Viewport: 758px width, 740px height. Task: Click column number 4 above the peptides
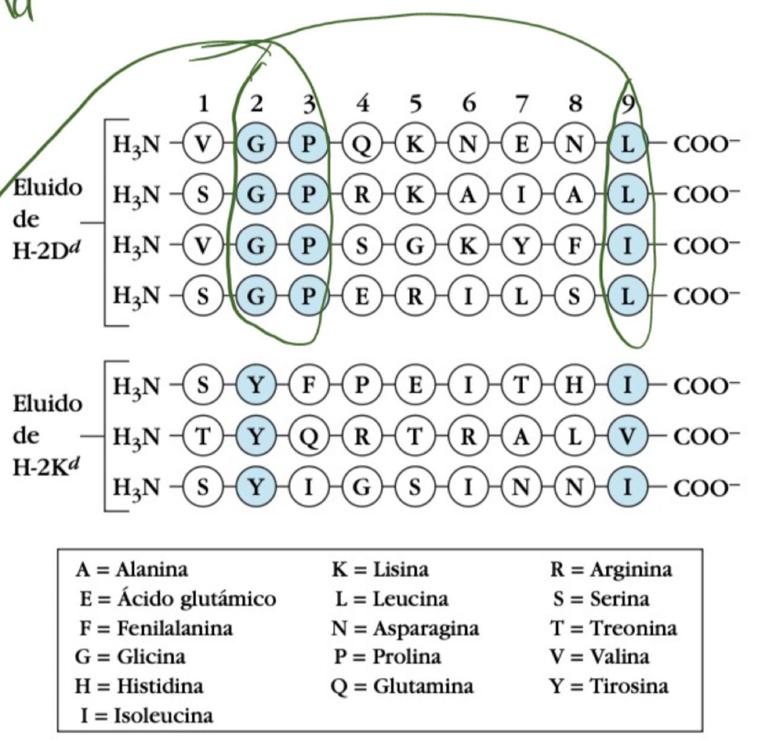(x=362, y=104)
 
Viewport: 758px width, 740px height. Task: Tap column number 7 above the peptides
(x=521, y=104)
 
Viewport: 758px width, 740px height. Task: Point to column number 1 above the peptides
(x=203, y=104)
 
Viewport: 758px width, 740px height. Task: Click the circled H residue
(x=574, y=386)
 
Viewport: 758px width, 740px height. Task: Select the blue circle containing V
(x=627, y=437)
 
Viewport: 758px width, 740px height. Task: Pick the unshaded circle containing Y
(x=521, y=245)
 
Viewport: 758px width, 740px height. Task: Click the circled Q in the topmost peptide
(x=362, y=144)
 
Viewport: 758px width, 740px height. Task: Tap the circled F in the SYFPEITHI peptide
(x=309, y=386)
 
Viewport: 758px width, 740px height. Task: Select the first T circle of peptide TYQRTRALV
(x=203, y=437)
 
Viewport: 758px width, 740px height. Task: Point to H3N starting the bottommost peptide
(x=136, y=487)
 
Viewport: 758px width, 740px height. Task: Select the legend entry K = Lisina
(x=380, y=570)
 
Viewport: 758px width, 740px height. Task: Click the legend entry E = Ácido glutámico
(x=178, y=599)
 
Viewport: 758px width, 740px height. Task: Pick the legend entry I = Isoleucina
(x=146, y=715)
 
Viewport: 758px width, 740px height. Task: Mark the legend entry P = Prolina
(x=387, y=657)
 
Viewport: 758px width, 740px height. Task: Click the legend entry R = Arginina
(x=611, y=570)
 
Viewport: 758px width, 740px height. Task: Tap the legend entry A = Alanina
(x=131, y=570)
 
